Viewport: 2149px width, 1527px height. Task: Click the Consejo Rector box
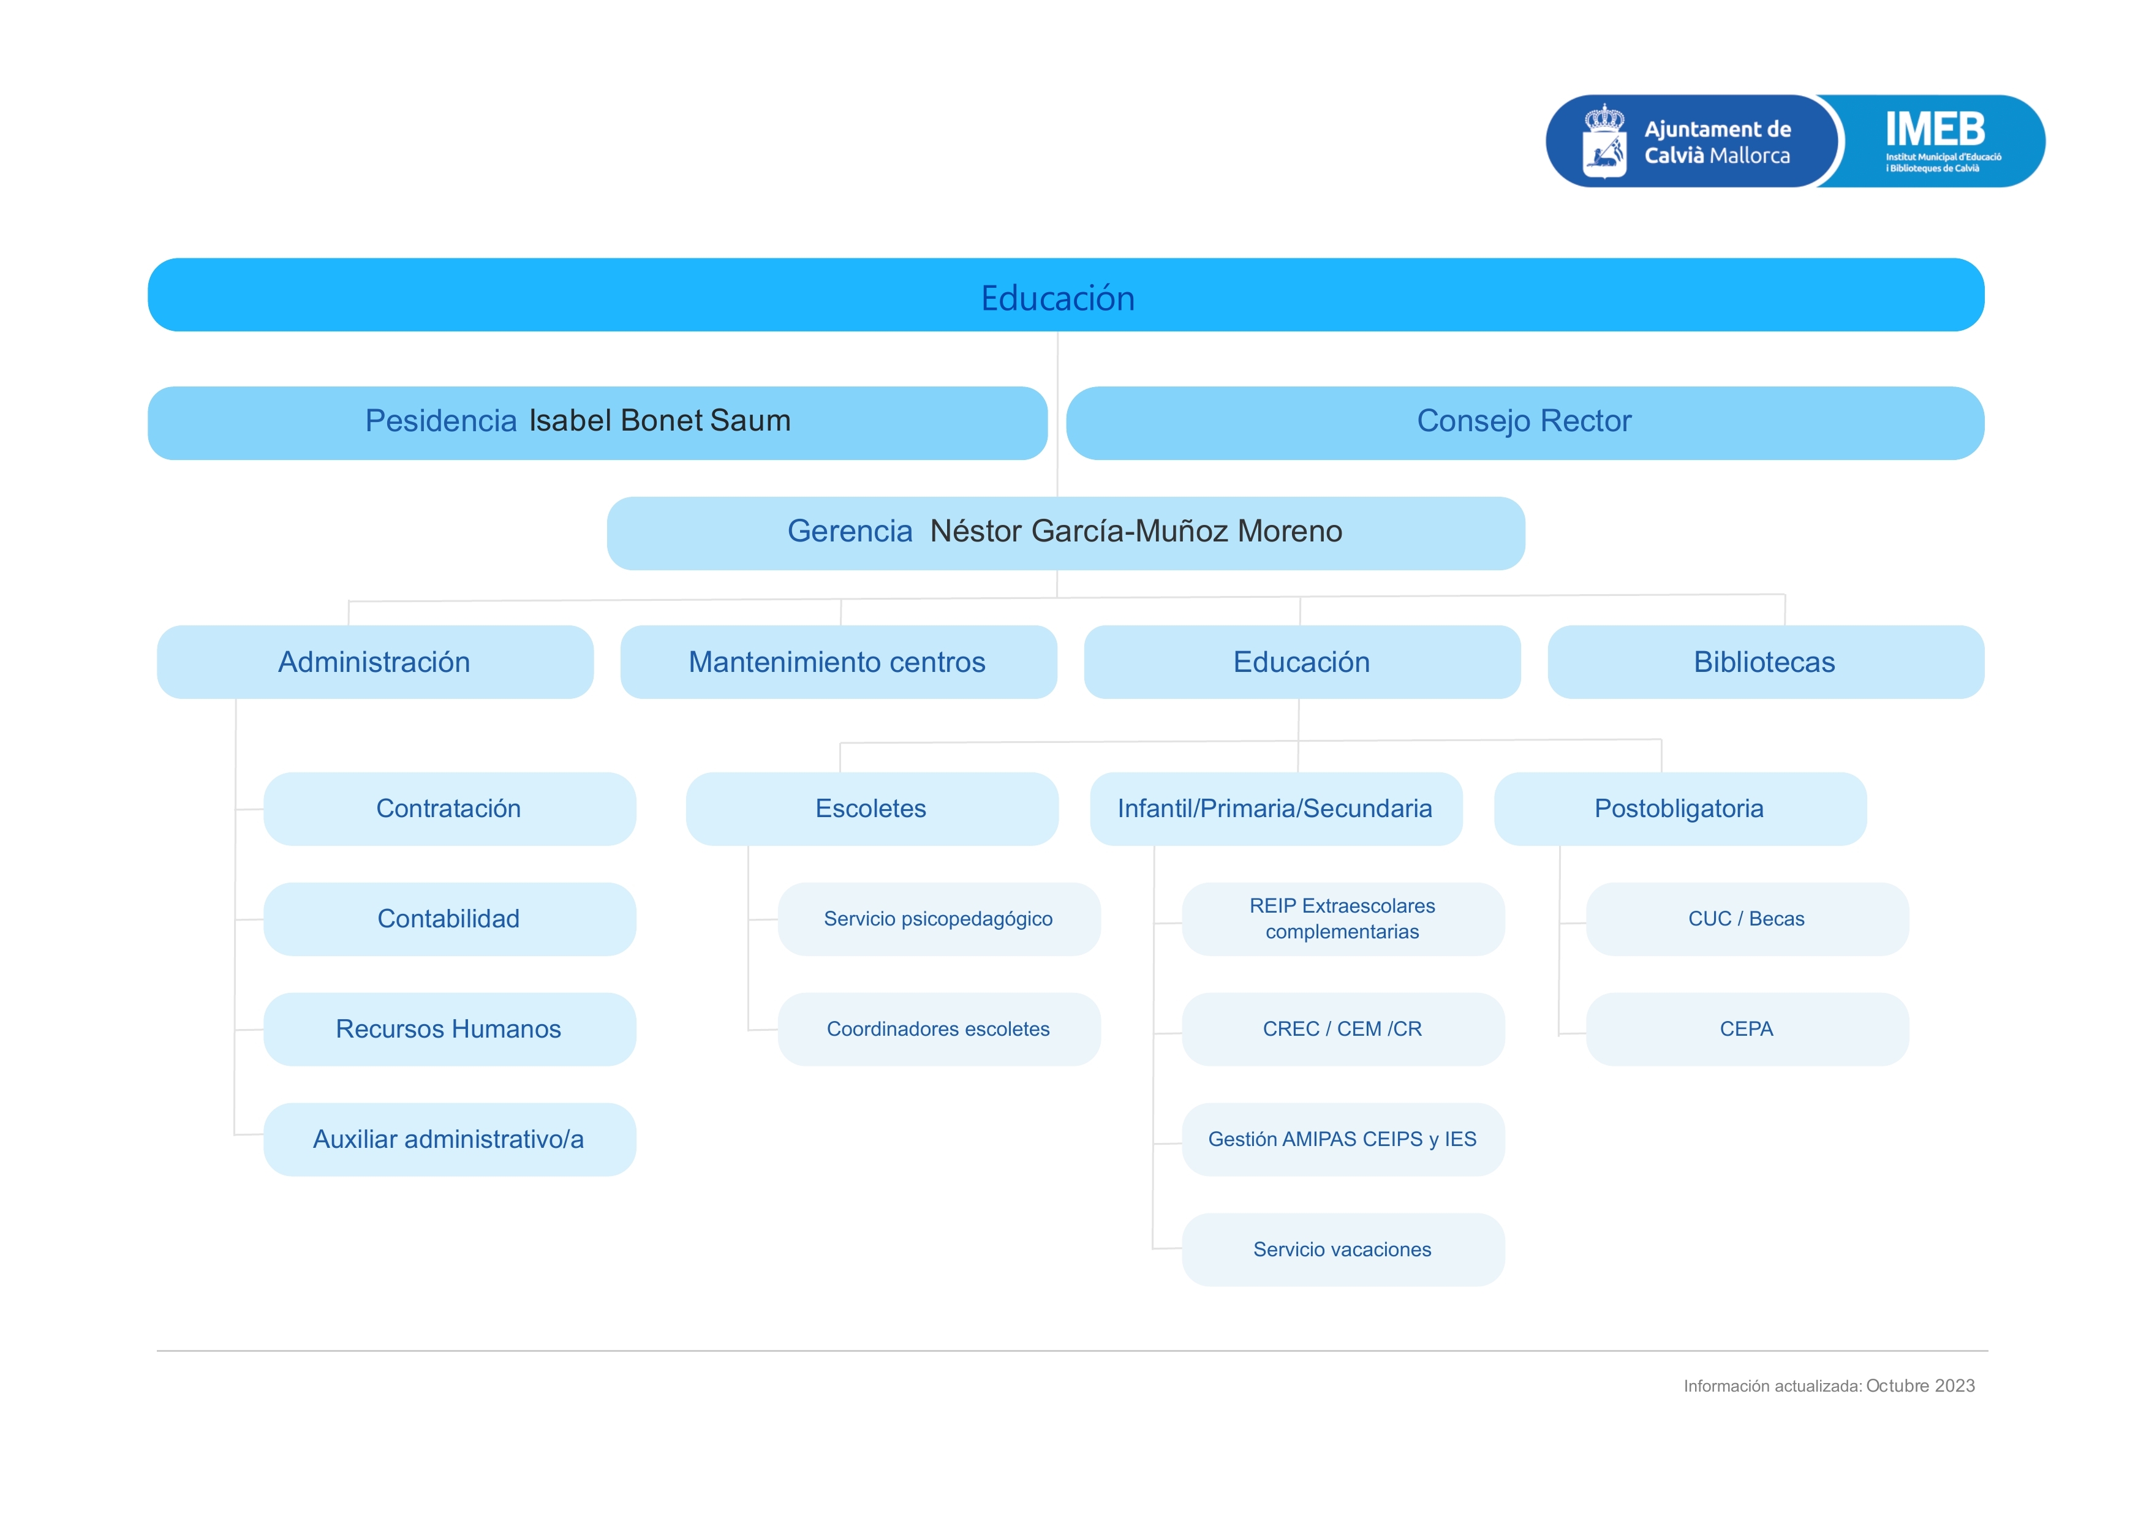[x=1525, y=423]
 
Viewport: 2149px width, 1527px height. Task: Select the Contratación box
[x=450, y=809]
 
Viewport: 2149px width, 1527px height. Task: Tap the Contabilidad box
[x=450, y=919]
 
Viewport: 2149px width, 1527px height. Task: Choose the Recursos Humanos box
[x=450, y=1028]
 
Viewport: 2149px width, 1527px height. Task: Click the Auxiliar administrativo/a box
[x=450, y=1139]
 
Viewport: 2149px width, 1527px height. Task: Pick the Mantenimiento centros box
[x=838, y=662]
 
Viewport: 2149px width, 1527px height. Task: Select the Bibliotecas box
[x=1766, y=662]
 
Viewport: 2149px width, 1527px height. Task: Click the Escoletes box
[x=872, y=809]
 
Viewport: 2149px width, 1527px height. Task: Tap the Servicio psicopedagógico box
[x=939, y=919]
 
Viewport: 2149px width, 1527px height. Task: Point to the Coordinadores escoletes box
[x=939, y=1028]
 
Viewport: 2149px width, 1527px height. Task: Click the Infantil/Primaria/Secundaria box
[x=1275, y=809]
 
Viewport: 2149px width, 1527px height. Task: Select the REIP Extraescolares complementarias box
[x=1343, y=919]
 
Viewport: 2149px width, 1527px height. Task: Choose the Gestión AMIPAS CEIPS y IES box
[x=1343, y=1139]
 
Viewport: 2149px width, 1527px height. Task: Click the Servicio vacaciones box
[x=1343, y=1250]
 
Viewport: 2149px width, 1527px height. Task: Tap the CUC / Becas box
[x=1747, y=919]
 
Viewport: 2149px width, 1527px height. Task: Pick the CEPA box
[x=1747, y=1028]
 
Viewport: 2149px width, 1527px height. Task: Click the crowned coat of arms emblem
[x=1604, y=141]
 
